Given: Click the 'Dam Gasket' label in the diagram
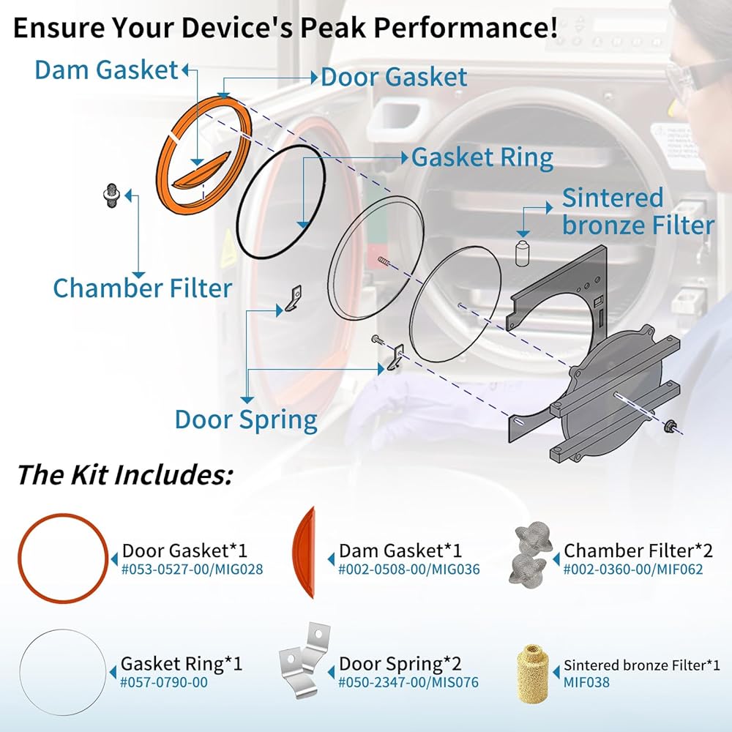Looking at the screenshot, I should (107, 70).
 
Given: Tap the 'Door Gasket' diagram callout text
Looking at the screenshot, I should (394, 76).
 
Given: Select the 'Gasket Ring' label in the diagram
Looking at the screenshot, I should (482, 157).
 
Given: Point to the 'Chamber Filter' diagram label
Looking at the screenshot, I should (142, 288).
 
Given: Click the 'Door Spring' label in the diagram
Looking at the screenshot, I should (246, 420).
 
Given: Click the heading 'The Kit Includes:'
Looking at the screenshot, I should (124, 475).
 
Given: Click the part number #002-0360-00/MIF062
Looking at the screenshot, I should (634, 568).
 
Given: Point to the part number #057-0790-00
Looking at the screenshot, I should (164, 682).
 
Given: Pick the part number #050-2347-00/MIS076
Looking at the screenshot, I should (408, 682).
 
